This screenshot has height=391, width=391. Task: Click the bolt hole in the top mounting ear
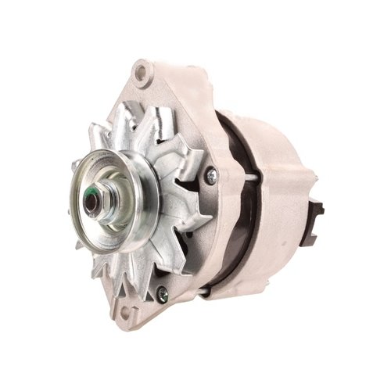click(x=142, y=75)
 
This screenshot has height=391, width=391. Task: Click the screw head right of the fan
click(x=211, y=177)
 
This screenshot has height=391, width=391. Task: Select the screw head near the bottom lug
click(x=162, y=294)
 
